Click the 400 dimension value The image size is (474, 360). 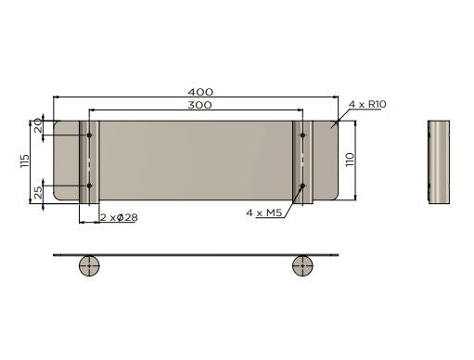[x=200, y=92]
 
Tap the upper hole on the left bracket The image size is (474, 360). [x=90, y=136]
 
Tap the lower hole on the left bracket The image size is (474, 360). [x=90, y=185]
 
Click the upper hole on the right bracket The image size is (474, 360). [x=303, y=136]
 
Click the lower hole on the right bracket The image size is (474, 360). [x=303, y=186]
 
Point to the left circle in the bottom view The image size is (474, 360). [x=90, y=264]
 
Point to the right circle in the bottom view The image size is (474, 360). [x=303, y=264]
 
